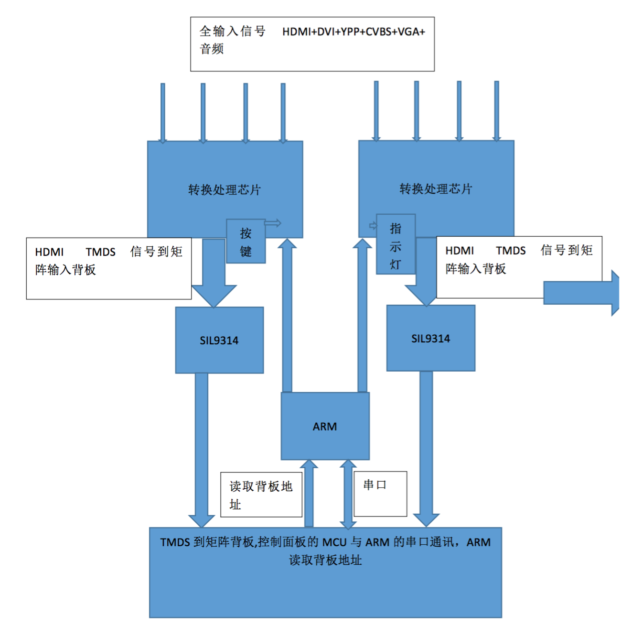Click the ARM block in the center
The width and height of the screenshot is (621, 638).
(x=325, y=426)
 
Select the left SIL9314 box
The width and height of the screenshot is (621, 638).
(x=219, y=340)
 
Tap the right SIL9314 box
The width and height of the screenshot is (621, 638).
(x=430, y=338)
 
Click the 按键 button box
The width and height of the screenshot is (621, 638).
(x=246, y=242)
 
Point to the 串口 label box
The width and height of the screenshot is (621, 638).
(x=380, y=494)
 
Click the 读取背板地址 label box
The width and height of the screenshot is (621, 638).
(x=261, y=495)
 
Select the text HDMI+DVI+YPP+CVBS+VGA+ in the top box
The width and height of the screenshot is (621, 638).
(x=353, y=32)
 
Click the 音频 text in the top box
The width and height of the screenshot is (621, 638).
(x=212, y=49)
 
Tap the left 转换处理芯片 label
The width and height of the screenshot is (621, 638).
(x=225, y=190)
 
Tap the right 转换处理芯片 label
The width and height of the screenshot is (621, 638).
(x=436, y=189)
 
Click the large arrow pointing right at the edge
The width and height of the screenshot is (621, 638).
(x=583, y=293)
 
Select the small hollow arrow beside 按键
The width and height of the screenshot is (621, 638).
(x=273, y=223)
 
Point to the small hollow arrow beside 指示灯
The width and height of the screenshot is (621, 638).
(x=373, y=226)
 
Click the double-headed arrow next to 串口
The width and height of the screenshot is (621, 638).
(x=348, y=494)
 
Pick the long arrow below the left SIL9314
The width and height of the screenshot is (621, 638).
(x=202, y=450)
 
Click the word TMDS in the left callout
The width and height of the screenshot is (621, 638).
(x=100, y=252)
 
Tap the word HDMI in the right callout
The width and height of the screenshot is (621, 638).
(x=460, y=251)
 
